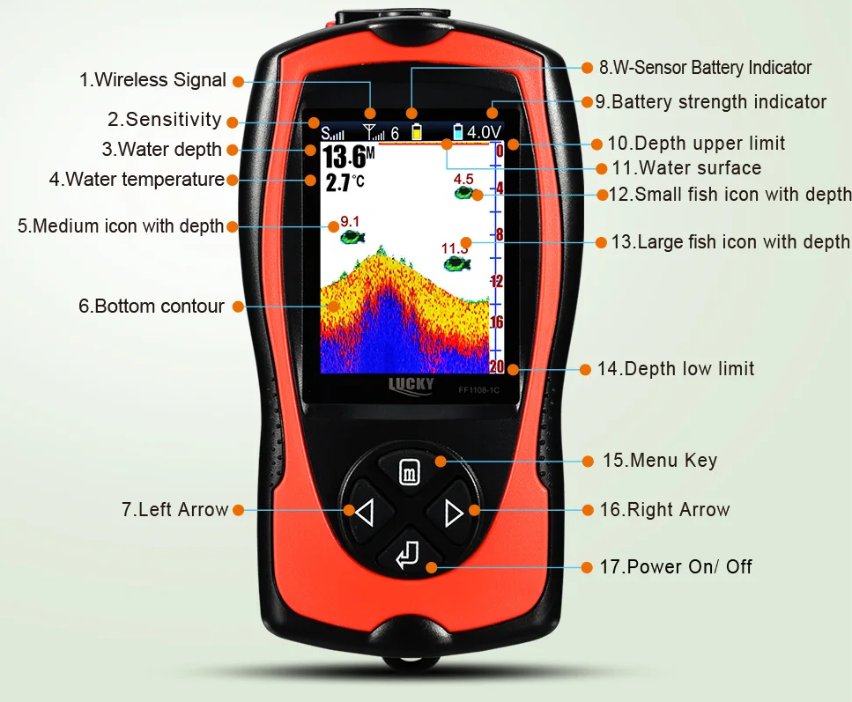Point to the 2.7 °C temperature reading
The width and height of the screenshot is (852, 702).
pos(345,183)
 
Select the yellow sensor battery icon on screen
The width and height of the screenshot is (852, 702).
pos(417,132)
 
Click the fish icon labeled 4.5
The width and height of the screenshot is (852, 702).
pos(464,193)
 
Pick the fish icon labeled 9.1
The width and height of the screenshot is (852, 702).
pos(352,236)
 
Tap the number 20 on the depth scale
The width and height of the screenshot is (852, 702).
pos(497,366)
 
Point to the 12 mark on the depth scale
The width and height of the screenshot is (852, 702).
pos(497,281)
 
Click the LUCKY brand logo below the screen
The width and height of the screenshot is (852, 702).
pos(411,386)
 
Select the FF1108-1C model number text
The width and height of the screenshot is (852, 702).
pos(478,389)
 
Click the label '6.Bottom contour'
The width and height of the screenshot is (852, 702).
pos(151,306)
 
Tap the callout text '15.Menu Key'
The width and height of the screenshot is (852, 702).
pos(660,460)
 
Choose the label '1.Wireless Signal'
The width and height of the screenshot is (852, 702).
pos(152,80)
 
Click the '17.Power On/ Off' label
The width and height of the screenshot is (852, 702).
pos(676,566)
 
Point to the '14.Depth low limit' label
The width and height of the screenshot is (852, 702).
pos(676,369)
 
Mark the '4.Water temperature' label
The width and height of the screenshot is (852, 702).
pos(137,179)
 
